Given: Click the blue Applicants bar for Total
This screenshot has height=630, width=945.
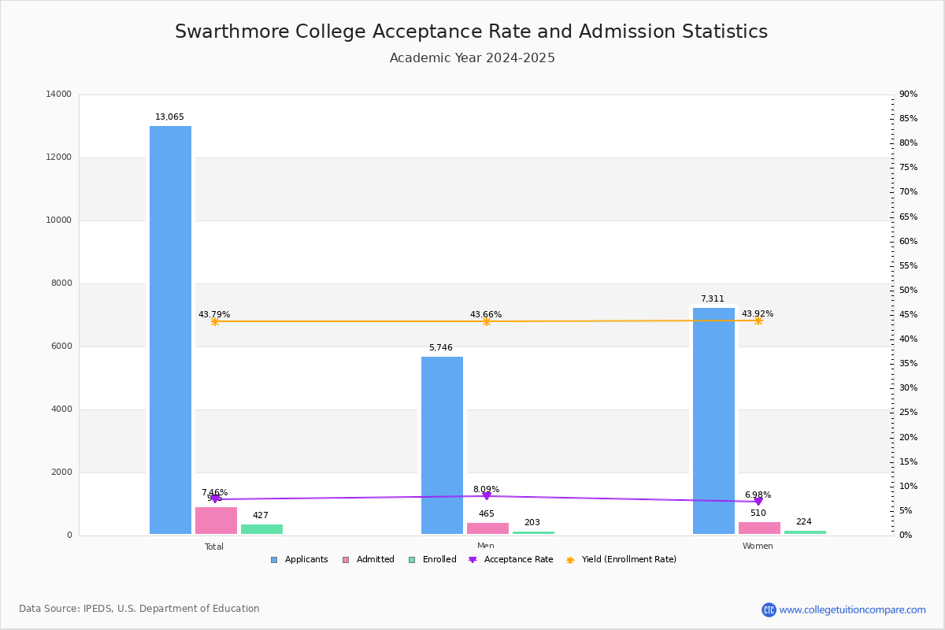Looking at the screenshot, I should [x=170, y=331].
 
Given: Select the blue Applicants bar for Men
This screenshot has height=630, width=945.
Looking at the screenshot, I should [x=442, y=445].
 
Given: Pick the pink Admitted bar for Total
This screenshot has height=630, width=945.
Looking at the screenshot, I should [x=216, y=521].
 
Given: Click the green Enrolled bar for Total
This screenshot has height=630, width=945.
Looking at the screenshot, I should [x=261, y=529].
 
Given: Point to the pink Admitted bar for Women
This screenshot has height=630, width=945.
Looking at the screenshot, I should [x=759, y=528].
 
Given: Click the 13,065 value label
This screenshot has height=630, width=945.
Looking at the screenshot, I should [x=169, y=117].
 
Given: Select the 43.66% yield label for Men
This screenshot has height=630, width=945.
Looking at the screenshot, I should [x=486, y=315].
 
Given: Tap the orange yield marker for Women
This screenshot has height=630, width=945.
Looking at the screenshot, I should [x=758, y=321].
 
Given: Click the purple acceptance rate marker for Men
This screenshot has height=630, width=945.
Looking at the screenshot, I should [x=487, y=496].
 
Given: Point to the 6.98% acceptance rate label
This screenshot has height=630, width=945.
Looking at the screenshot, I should [x=758, y=495].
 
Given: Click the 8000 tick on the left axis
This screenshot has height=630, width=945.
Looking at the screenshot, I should [x=60, y=283].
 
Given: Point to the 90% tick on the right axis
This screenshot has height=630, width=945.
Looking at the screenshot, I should [x=908, y=94].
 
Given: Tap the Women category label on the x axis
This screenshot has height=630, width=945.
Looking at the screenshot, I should [x=758, y=547].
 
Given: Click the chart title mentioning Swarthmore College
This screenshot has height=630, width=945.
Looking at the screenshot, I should [x=471, y=31].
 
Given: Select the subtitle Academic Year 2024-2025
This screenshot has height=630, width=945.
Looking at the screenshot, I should [x=472, y=58].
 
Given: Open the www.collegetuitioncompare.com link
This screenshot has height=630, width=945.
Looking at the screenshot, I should [x=852, y=610].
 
